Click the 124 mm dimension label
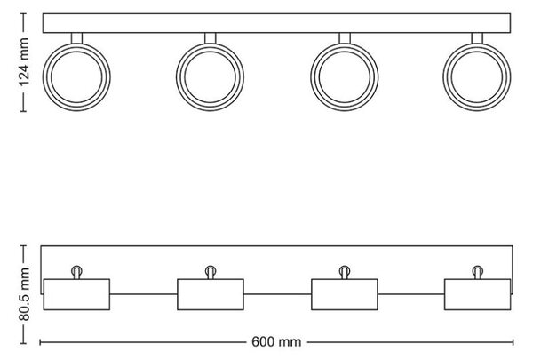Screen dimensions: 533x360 click(23, 62)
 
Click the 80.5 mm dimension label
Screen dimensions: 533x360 click(24, 294)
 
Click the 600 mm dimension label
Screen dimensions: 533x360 click(276, 342)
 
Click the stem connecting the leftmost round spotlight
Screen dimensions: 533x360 click(76, 38)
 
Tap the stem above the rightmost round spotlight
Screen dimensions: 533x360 click(477, 38)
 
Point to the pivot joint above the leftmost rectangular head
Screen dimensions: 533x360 click(76, 272)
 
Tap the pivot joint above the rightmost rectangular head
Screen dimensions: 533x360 click(478, 272)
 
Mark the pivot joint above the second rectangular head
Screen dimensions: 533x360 click(211, 272)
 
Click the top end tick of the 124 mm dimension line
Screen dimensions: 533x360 click(23, 13)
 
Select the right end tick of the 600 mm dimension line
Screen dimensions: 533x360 click(513, 342)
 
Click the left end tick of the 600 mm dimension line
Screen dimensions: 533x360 click(40, 342)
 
